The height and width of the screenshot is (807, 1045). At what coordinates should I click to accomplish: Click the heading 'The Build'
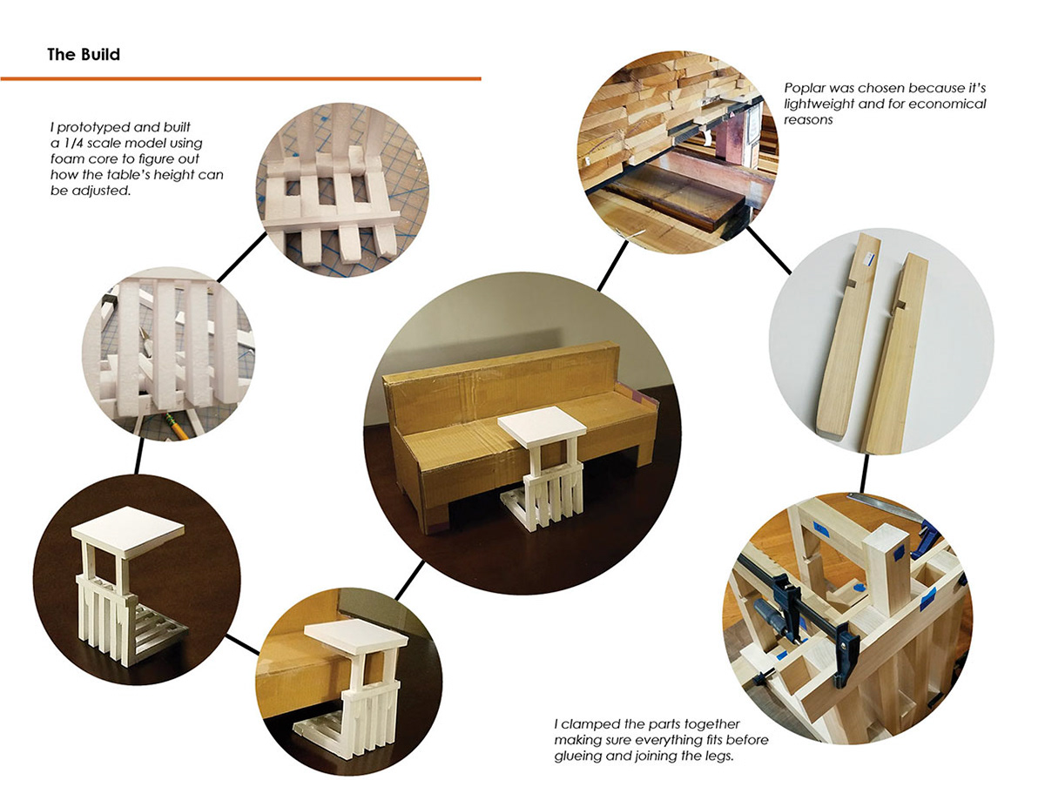coord(84,54)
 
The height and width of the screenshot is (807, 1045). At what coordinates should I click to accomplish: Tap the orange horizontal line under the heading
coord(240,78)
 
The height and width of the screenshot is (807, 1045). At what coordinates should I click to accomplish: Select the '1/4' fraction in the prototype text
coord(72,144)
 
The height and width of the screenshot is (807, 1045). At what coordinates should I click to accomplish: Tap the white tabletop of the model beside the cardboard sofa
coord(542,421)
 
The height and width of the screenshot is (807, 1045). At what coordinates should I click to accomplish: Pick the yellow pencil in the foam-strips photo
coord(177,425)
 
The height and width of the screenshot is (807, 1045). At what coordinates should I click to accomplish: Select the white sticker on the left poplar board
coord(866,259)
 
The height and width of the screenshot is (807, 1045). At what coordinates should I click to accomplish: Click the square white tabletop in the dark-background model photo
coord(128,531)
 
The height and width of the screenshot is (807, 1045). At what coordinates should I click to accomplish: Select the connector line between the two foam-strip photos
coord(241,257)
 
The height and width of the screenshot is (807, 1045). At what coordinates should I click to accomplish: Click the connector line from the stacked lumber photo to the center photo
coord(613,266)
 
